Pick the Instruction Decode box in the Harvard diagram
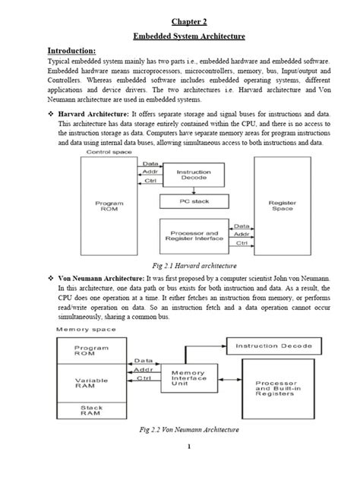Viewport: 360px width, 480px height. [193, 175]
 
